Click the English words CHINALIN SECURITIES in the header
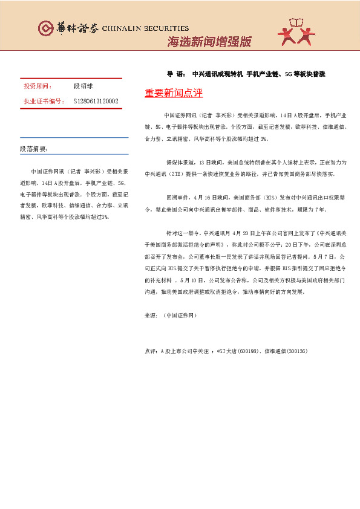pos(145,28)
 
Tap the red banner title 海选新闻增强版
pos(209,42)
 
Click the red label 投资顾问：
pos(38,87)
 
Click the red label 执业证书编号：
pos(44,101)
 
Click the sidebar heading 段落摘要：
pos(34,149)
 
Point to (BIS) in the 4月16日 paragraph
pos(267,197)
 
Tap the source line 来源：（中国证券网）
pos(171,315)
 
